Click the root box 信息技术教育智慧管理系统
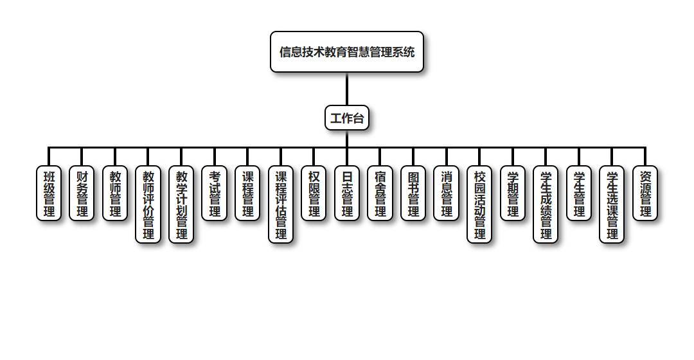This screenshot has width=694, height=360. [x=347, y=52]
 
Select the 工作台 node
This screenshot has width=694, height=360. [x=347, y=118]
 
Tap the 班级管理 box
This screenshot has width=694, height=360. [x=49, y=194]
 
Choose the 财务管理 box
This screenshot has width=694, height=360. [x=82, y=194]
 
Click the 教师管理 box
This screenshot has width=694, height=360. [x=115, y=194]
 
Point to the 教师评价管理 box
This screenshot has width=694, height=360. [x=148, y=204]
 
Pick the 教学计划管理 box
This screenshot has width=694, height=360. [x=181, y=204]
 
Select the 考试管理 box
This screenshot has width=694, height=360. [x=215, y=194]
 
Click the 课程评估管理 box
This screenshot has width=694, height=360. [x=281, y=204]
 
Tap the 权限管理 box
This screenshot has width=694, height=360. [x=314, y=194]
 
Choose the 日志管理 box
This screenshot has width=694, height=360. [x=347, y=194]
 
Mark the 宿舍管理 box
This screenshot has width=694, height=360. [x=380, y=194]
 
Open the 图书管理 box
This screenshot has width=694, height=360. [x=413, y=194]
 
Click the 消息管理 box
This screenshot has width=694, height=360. [x=447, y=194]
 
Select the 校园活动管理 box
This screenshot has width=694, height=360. [x=479, y=204]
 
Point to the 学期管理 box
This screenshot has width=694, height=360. [x=513, y=194]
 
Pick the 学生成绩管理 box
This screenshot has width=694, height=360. [x=546, y=204]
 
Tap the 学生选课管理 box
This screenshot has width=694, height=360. [x=612, y=204]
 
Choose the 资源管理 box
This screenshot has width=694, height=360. [x=645, y=194]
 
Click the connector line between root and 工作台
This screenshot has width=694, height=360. [x=347, y=89]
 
